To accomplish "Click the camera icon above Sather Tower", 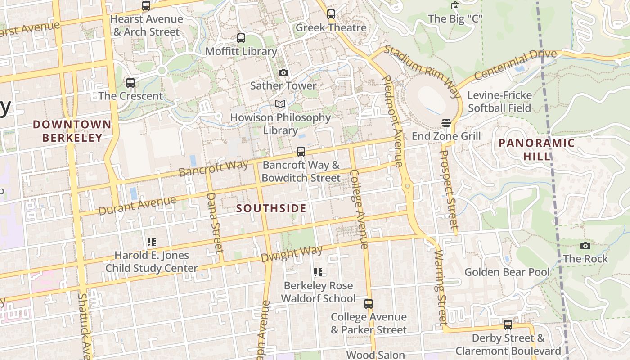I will (x=283, y=72).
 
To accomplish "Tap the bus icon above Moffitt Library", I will (x=241, y=38).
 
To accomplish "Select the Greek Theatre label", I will (x=331, y=27).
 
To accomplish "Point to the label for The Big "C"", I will (x=455, y=18).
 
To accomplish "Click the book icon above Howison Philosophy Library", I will (x=280, y=104).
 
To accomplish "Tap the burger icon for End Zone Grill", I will (x=446, y=123).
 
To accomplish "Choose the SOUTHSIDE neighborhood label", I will (x=271, y=208).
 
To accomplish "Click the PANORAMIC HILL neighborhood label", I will (x=536, y=149).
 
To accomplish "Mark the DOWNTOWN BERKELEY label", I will (x=72, y=131).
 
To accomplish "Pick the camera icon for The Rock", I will (x=585, y=246).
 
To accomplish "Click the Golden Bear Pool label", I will (x=507, y=272).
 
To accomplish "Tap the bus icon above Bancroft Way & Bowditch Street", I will (x=301, y=152).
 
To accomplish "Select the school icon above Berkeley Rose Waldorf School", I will (x=318, y=272).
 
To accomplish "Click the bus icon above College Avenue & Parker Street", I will (x=369, y=304).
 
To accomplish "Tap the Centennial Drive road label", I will (x=515, y=65).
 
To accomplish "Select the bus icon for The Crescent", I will (x=130, y=83).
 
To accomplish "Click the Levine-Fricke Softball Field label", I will (x=499, y=102).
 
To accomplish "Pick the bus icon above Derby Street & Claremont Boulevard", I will (x=508, y=325).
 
